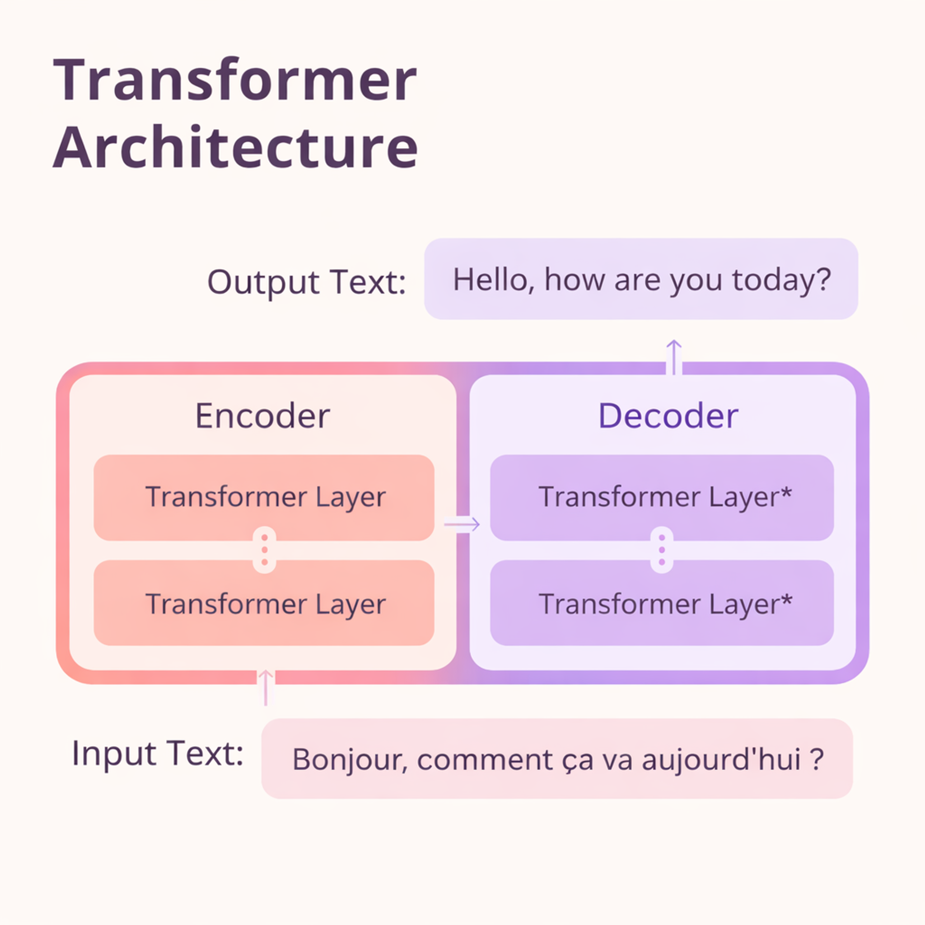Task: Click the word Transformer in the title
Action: click(234, 80)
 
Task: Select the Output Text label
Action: click(306, 281)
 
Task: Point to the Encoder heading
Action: click(262, 416)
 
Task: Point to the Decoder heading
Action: click(668, 416)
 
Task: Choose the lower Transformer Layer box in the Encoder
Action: click(264, 603)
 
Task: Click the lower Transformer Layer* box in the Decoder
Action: click(662, 603)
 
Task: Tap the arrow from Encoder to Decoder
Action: click(462, 524)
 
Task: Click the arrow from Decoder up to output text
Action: click(673, 357)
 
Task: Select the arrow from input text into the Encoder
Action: click(266, 687)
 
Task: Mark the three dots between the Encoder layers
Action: click(265, 550)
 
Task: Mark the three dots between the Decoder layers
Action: click(662, 550)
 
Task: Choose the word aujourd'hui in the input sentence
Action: click(721, 759)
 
